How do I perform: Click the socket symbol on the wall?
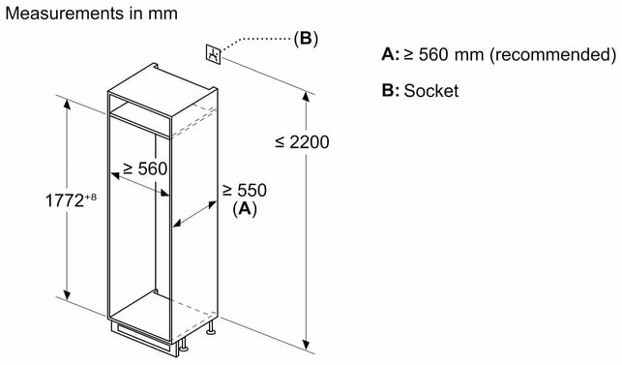point(214,53)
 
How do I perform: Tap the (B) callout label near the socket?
point(306,39)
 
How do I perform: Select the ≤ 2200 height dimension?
point(302,142)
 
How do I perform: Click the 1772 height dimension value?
point(64,200)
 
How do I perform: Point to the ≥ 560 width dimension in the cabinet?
point(145,168)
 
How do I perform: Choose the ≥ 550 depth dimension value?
point(245,190)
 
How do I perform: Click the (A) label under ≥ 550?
point(245,208)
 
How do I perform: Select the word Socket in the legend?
point(431,91)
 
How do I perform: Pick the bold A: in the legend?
point(391,54)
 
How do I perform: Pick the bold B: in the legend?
point(391,91)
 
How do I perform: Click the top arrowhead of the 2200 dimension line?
point(306,97)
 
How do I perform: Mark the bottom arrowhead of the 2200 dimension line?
point(306,345)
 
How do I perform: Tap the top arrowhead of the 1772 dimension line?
point(67,104)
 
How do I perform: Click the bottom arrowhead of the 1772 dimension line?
point(67,295)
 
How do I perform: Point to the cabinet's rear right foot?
point(211,327)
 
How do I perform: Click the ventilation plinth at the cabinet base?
point(144,338)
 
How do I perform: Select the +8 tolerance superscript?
point(90,197)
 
